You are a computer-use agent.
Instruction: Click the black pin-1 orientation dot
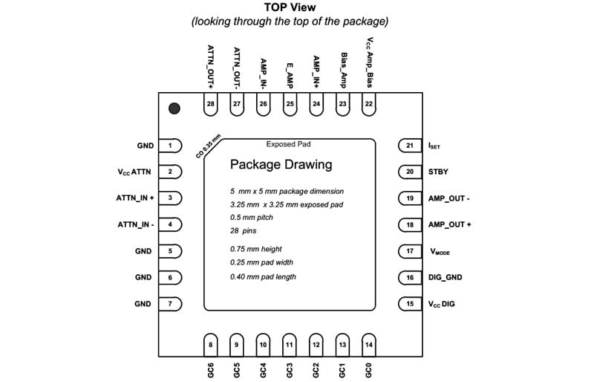[x=174, y=109]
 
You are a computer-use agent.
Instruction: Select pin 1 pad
[x=172, y=146]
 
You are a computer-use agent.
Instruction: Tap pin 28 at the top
[x=211, y=104]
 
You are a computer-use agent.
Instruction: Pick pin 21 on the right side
[x=409, y=146]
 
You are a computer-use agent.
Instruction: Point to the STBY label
[x=439, y=172]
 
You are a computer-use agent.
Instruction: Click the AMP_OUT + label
[x=450, y=224]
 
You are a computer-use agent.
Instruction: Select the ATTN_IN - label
[x=136, y=224]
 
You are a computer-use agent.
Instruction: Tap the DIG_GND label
[x=446, y=277]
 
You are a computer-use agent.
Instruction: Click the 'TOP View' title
[x=290, y=7]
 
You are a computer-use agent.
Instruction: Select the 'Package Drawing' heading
[x=281, y=164]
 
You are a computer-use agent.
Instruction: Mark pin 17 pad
[x=409, y=251]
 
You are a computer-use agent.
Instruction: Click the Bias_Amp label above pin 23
[x=343, y=70]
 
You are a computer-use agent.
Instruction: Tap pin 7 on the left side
[x=172, y=303]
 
